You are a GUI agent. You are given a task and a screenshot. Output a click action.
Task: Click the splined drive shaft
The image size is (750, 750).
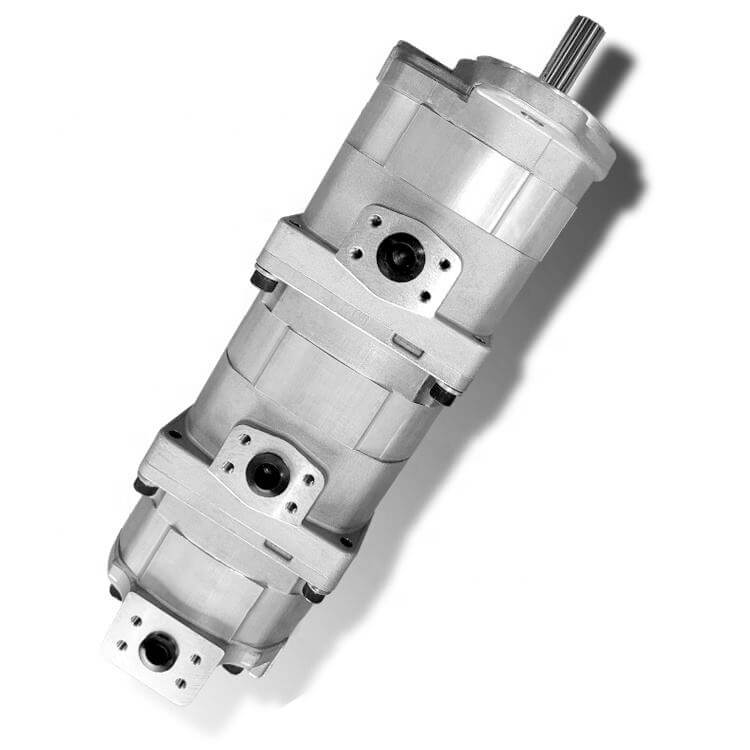573,49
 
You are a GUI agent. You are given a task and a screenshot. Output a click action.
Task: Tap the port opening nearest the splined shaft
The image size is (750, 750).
400,256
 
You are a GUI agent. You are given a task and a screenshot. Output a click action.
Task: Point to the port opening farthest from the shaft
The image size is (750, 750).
159,651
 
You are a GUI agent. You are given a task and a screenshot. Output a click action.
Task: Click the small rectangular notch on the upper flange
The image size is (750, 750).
405,345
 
